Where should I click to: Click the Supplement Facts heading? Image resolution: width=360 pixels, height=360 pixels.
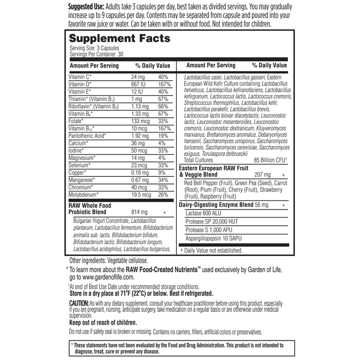coord(120,39)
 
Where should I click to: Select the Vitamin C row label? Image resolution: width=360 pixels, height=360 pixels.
coord(80,77)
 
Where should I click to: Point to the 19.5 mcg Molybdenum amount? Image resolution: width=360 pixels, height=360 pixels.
coord(141,194)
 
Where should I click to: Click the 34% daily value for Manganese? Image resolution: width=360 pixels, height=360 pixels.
coord(163,180)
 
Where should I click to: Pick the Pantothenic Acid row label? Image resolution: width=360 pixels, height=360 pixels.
coord(87,136)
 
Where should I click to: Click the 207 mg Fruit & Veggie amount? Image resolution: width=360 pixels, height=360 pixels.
coord(262,175)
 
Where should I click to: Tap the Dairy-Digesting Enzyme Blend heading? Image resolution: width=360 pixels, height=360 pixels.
coord(216,205)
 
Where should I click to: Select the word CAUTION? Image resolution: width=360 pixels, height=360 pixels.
coord(78,303)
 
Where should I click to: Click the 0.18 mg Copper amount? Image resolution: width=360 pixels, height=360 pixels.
coord(140,172)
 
